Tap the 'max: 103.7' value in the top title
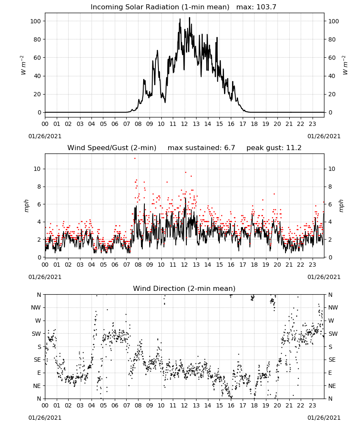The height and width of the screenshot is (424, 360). (256, 7)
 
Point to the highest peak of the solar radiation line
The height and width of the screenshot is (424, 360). (189, 18)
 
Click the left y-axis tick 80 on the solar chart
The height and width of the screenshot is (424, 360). (36, 39)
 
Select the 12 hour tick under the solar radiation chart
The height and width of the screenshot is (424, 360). (185, 124)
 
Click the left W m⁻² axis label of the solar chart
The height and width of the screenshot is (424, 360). (23, 65)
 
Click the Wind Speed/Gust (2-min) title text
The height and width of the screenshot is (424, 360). (112, 148)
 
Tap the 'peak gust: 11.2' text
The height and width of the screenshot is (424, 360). (274, 148)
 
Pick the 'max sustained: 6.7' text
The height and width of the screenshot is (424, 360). (201, 148)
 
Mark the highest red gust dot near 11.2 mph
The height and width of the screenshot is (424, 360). (135, 159)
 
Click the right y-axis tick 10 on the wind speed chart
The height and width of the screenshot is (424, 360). (332, 169)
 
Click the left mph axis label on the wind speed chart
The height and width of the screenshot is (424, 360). (26, 206)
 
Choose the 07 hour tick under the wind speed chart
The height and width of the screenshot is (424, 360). (127, 265)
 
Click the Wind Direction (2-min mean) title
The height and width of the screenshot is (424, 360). (184, 288)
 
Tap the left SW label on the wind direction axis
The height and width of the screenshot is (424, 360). (36, 334)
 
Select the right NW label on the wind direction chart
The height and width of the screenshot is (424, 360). (333, 307)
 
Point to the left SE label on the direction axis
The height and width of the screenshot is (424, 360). (37, 360)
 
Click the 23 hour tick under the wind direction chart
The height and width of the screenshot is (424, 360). (313, 405)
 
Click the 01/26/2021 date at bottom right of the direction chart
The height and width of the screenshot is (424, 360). (324, 418)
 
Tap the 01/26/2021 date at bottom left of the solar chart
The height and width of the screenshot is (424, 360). (45, 136)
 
